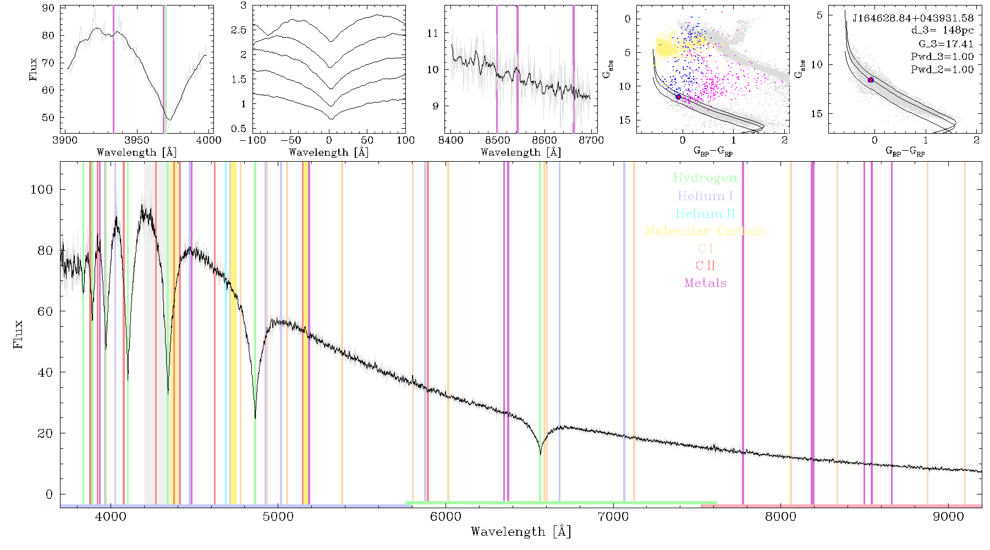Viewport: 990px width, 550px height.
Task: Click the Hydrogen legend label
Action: pyautogui.click(x=705, y=178)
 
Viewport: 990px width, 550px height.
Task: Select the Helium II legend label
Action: pyautogui.click(x=705, y=213)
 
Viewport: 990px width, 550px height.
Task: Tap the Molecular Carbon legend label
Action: pyautogui.click(x=705, y=231)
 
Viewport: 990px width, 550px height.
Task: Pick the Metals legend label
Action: pyautogui.click(x=705, y=283)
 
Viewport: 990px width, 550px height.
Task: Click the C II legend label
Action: pyautogui.click(x=705, y=266)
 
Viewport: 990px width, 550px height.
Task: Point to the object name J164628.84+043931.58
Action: pyautogui.click(x=913, y=18)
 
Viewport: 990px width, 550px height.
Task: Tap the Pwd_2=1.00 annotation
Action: pyautogui.click(x=942, y=70)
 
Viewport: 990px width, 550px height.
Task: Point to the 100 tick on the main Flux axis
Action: pyautogui.click(x=42, y=189)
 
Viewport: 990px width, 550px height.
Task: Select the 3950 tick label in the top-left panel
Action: pyautogui.click(x=137, y=140)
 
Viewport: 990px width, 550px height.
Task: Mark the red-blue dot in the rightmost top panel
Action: pyautogui.click(x=871, y=80)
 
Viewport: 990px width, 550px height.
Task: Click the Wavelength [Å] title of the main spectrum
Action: pyautogui.click(x=521, y=532)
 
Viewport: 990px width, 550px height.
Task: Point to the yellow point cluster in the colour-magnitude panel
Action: pyautogui.click(x=667, y=46)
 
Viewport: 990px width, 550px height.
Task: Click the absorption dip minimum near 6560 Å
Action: pyautogui.click(x=540, y=454)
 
